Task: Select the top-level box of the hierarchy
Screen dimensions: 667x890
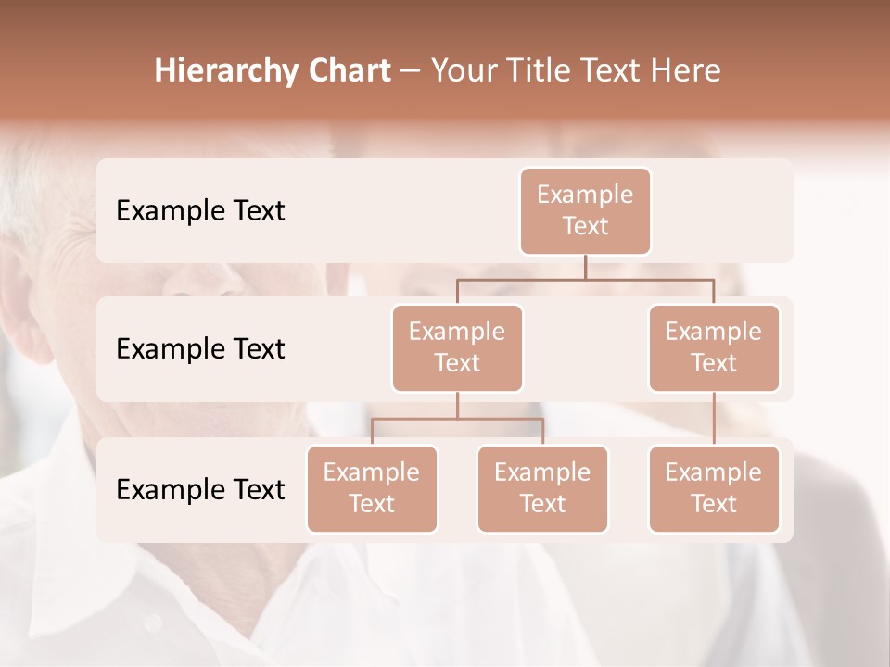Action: click(x=585, y=210)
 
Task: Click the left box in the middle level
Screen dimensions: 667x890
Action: click(x=457, y=347)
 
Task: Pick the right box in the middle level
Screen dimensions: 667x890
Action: click(x=714, y=347)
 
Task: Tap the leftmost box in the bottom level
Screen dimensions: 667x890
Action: click(x=372, y=488)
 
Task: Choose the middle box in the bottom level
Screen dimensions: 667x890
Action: click(x=542, y=488)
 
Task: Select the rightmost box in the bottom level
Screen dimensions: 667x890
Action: click(x=714, y=488)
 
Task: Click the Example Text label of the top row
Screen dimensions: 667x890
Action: click(x=200, y=211)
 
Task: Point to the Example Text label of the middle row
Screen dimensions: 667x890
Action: click(x=200, y=349)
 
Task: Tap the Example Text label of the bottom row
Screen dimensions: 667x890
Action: click(x=200, y=489)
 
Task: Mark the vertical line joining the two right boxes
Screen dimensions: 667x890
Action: click(x=714, y=419)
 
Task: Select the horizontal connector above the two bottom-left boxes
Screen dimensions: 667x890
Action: click(x=457, y=419)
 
